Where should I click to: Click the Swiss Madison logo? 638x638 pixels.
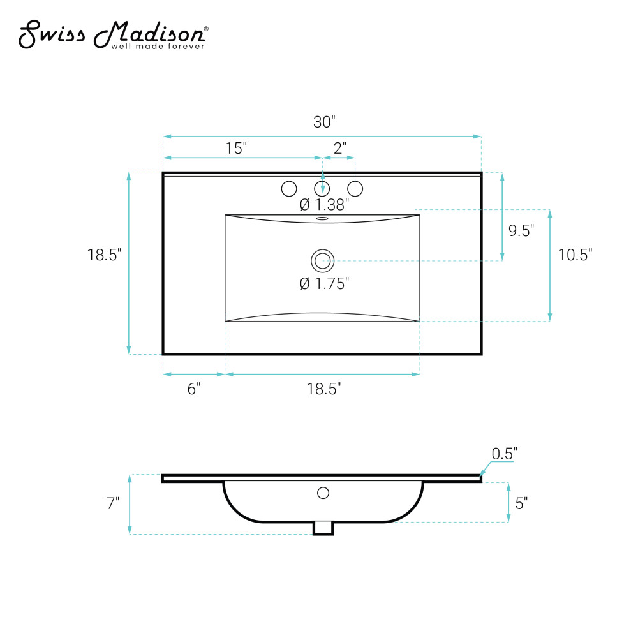pos(114,35)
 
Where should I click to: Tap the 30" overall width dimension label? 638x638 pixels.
pos(324,122)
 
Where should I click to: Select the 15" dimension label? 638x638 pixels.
pos(236,148)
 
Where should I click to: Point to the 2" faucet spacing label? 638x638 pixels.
pos(340,148)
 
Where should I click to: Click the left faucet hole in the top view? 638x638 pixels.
pos(289,188)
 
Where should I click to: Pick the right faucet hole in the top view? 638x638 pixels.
pos(355,188)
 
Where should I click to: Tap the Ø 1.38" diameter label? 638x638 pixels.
pos(324,204)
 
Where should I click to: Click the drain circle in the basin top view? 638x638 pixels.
pos(323,261)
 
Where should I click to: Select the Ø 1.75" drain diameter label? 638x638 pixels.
pos(324,283)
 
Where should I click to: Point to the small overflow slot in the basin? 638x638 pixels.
pos(322,218)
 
